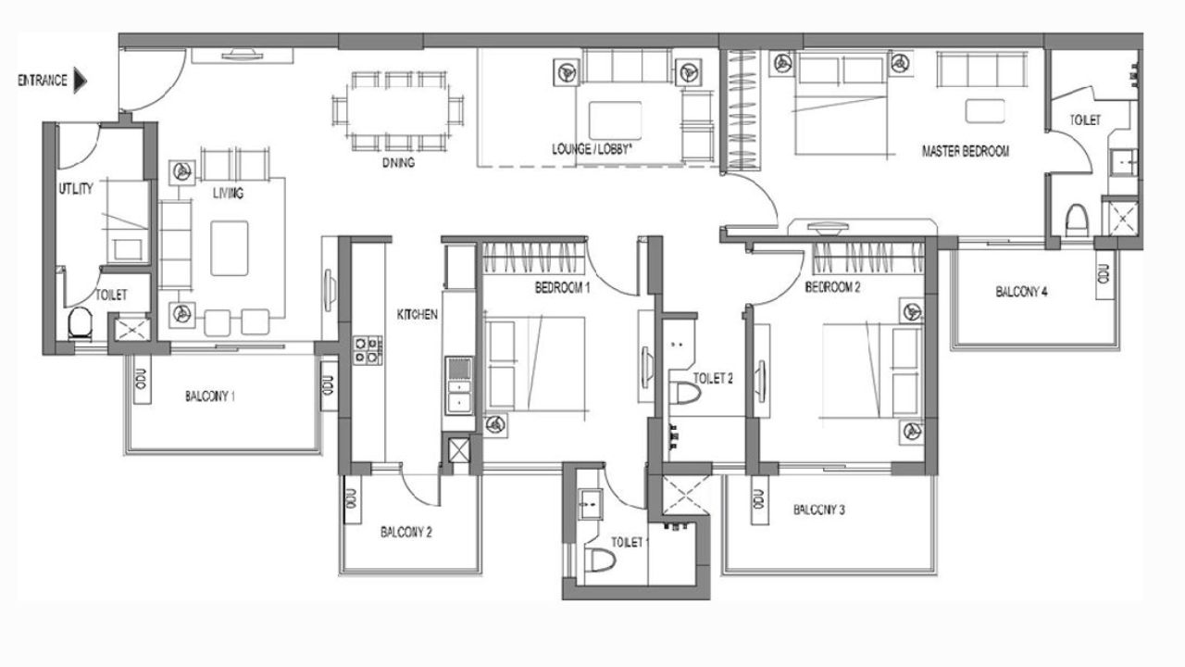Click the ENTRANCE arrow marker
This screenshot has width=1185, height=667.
point(80,81)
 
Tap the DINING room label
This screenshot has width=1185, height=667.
point(397,162)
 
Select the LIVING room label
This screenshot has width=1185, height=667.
point(227,194)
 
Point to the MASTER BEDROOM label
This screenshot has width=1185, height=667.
point(965,150)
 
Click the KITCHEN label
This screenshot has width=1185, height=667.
point(417,315)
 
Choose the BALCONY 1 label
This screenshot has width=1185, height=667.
point(209,396)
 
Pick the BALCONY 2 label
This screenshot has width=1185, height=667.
point(406,533)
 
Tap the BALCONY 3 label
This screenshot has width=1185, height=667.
point(819,510)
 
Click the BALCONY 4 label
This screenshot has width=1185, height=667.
point(1021,292)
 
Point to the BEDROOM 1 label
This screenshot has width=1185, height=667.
point(562,288)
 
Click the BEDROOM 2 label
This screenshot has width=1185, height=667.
point(832,287)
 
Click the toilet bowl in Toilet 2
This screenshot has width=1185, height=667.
point(686,394)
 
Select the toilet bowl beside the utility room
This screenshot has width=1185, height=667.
point(81,324)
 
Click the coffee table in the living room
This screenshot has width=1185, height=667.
point(230,247)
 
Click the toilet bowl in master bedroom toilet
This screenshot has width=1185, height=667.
point(1076,220)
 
